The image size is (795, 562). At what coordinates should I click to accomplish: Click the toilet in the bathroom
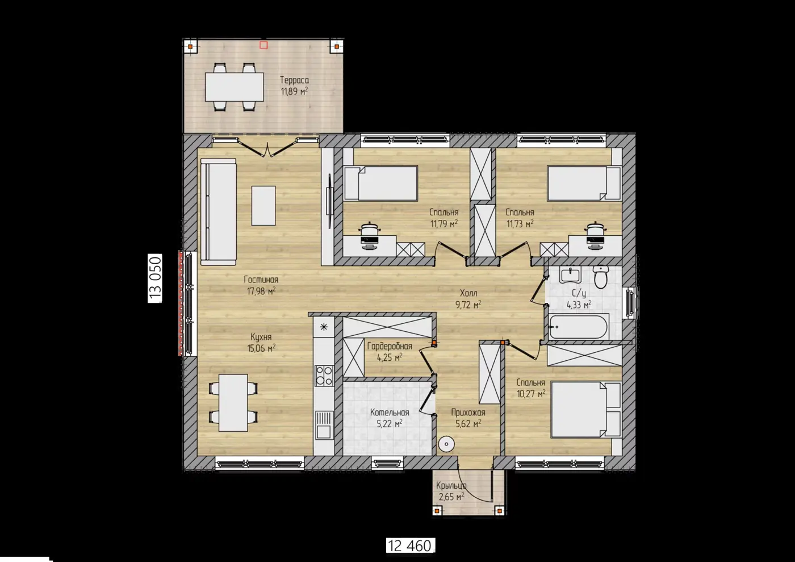coord(601,277)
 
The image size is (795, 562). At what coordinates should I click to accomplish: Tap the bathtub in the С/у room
coord(579,326)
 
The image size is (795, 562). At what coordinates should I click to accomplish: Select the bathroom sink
coord(570,275)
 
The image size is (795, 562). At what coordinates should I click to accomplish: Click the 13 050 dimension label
coord(155,278)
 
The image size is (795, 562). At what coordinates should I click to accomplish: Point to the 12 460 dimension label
coord(410,546)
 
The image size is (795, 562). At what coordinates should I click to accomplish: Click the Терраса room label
coord(294,80)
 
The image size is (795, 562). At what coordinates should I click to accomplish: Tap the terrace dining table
coord(234,87)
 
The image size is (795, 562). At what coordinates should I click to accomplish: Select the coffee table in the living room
coord(263,206)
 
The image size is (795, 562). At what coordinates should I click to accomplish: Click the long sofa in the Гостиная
coord(218,212)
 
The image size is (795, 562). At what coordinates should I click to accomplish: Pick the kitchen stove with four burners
coord(324,376)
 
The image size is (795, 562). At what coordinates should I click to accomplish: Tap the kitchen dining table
coord(233,403)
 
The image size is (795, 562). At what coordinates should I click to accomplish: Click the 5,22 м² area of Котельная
coord(390,423)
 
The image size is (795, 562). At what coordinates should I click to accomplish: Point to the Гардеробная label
coord(390,346)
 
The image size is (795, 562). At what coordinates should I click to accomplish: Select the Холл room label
coord(468,293)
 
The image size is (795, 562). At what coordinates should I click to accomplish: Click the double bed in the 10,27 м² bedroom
coord(585,410)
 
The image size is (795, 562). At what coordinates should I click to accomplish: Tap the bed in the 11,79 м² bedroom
coord(381,184)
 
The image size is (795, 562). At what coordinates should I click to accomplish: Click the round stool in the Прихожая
coord(446,444)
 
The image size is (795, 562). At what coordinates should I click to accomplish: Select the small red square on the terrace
coord(263,45)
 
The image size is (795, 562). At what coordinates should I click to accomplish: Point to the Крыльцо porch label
coord(451,485)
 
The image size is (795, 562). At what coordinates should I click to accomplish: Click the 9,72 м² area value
coord(468,305)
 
